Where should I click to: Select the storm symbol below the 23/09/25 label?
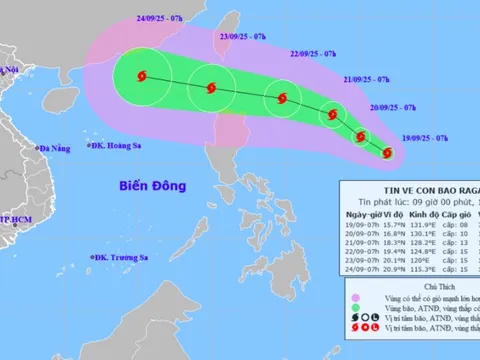[x=211, y=87]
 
